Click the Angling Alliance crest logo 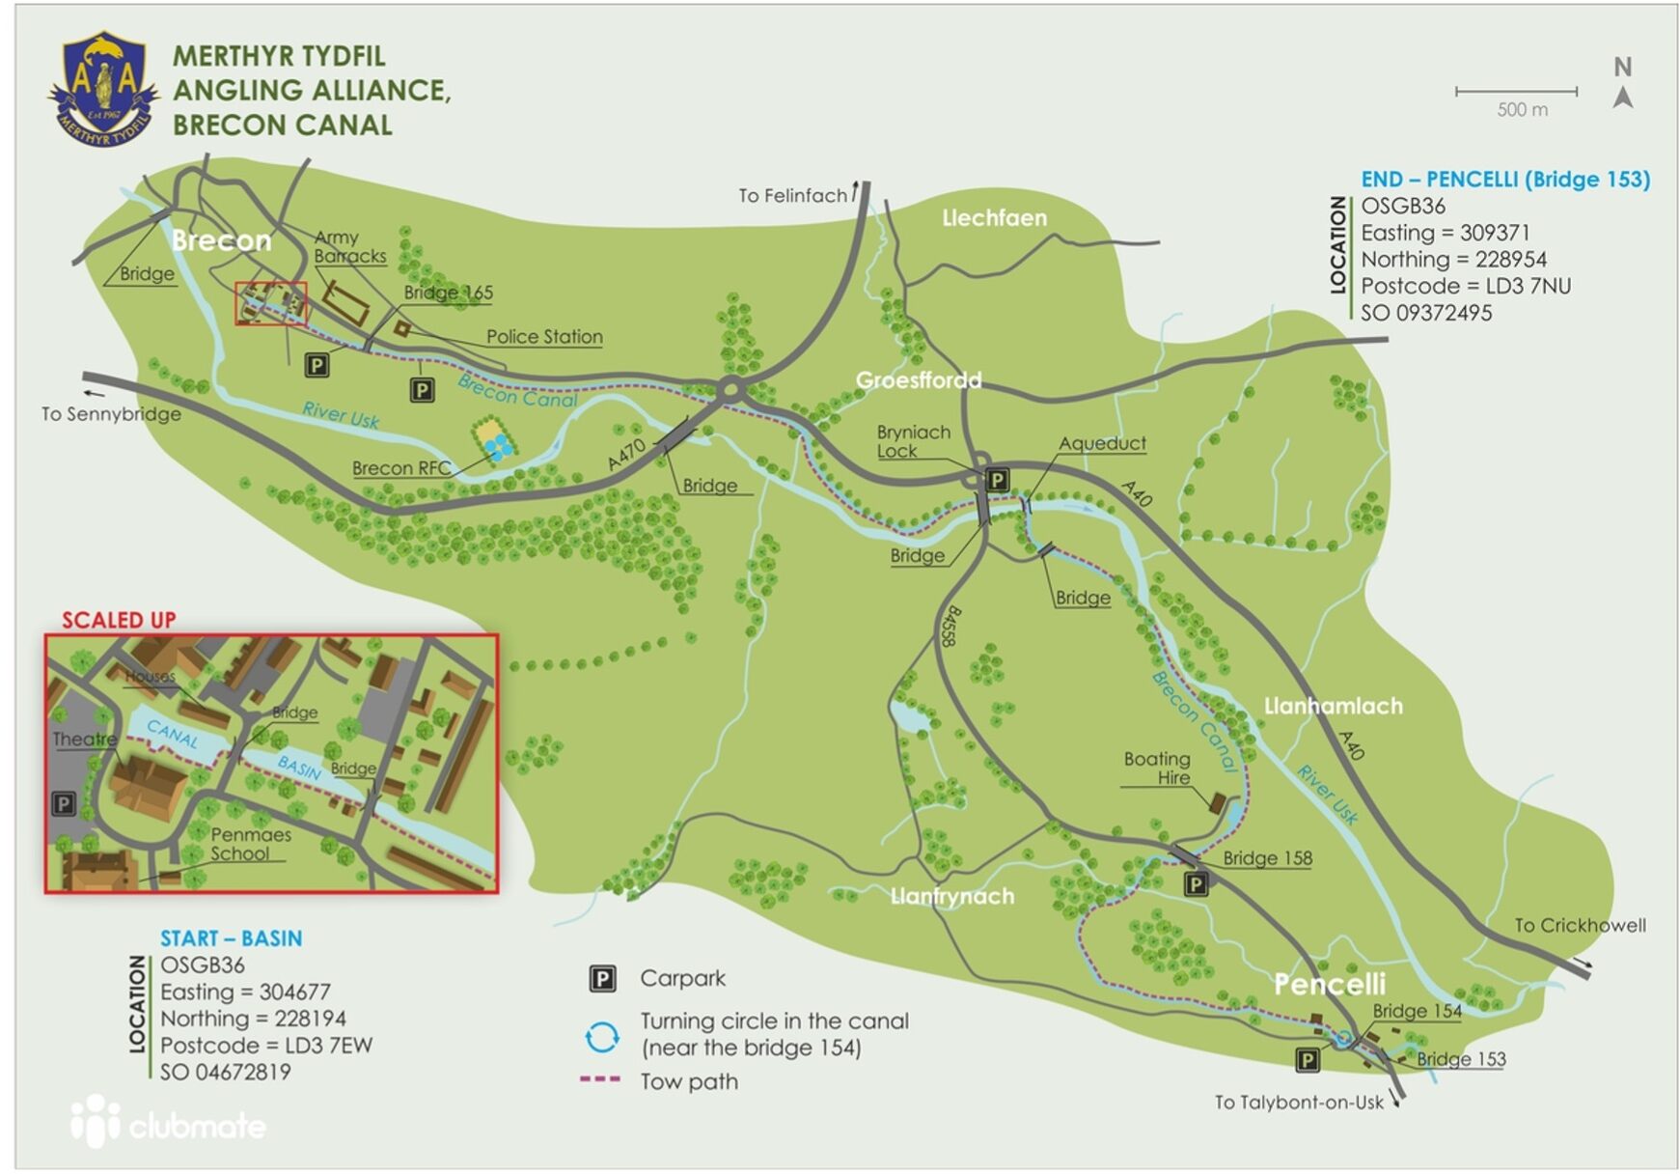[103, 89]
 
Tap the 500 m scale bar [1515, 92]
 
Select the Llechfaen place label [994, 218]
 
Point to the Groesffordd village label [918, 380]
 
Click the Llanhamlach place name [1333, 706]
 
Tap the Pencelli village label [1329, 984]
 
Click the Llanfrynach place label [951, 896]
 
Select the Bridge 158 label [1266, 858]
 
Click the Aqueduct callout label [1102, 443]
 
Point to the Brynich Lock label [912, 441]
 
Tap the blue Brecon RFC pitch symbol [498, 446]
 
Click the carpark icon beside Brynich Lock [997, 480]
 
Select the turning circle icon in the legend [602, 1038]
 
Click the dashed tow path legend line [599, 1079]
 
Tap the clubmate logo [170, 1123]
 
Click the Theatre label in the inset [84, 740]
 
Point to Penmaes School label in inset [249, 844]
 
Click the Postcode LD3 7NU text [1465, 287]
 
